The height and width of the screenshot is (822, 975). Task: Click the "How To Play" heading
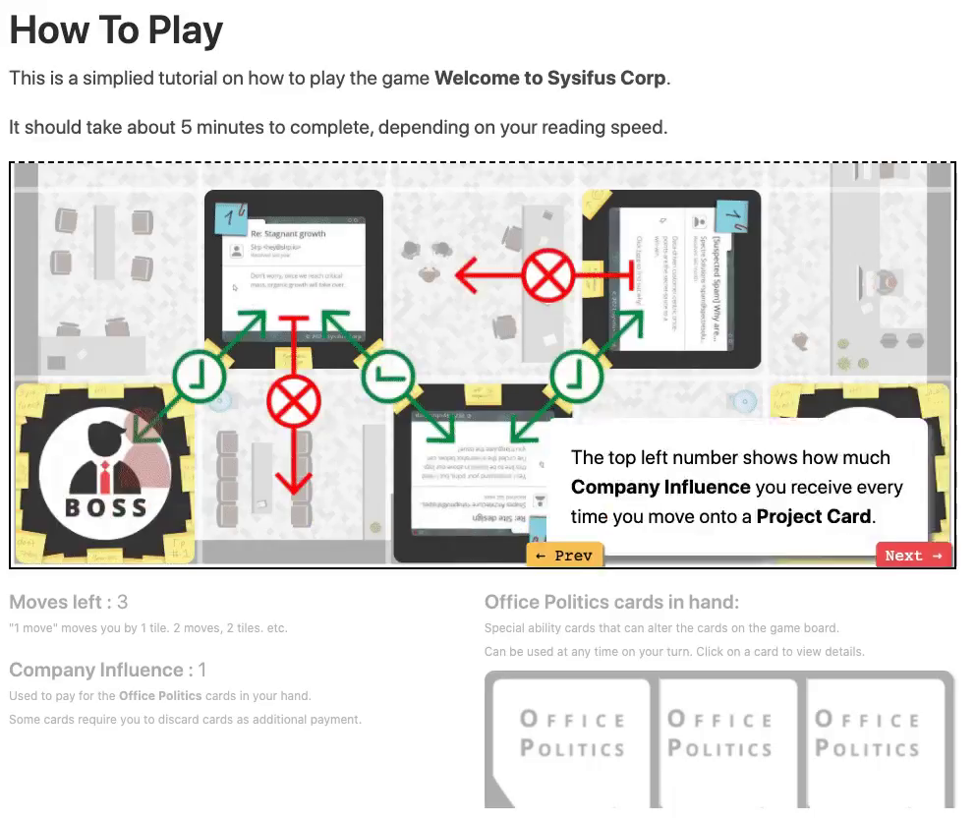(x=116, y=31)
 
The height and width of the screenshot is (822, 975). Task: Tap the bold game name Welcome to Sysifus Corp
(x=549, y=78)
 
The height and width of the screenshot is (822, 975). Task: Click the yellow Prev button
(x=564, y=556)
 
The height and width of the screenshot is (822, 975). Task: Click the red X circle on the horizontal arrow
(x=546, y=276)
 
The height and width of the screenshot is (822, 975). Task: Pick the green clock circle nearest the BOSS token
(x=200, y=375)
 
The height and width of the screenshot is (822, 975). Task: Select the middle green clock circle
(x=388, y=375)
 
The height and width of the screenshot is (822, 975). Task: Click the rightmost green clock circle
(x=576, y=375)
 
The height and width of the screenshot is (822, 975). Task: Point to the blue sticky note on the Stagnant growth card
(x=230, y=216)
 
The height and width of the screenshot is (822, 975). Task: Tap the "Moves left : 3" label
(x=69, y=602)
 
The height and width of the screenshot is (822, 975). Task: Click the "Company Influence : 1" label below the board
(x=108, y=671)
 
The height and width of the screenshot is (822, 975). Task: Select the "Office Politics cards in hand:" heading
(x=611, y=602)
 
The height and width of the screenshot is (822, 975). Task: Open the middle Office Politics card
(x=719, y=737)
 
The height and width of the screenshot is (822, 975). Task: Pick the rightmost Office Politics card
(x=867, y=737)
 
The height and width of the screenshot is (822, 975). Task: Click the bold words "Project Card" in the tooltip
(x=814, y=516)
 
